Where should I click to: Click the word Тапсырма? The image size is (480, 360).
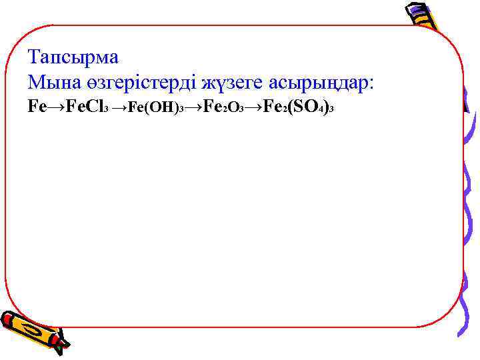coord(73,57)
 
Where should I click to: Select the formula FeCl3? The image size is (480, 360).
coord(85,107)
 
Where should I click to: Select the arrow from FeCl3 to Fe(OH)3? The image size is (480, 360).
coord(118,107)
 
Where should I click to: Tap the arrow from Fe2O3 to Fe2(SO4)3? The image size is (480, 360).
coord(254,107)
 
